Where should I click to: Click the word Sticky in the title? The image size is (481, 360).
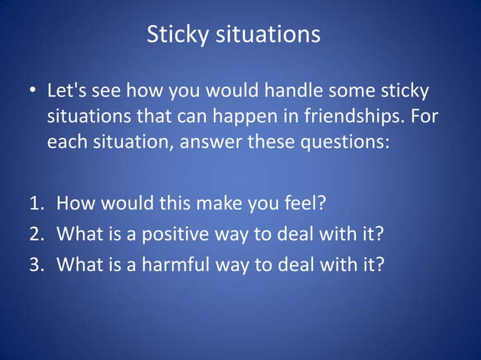click(172, 35)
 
